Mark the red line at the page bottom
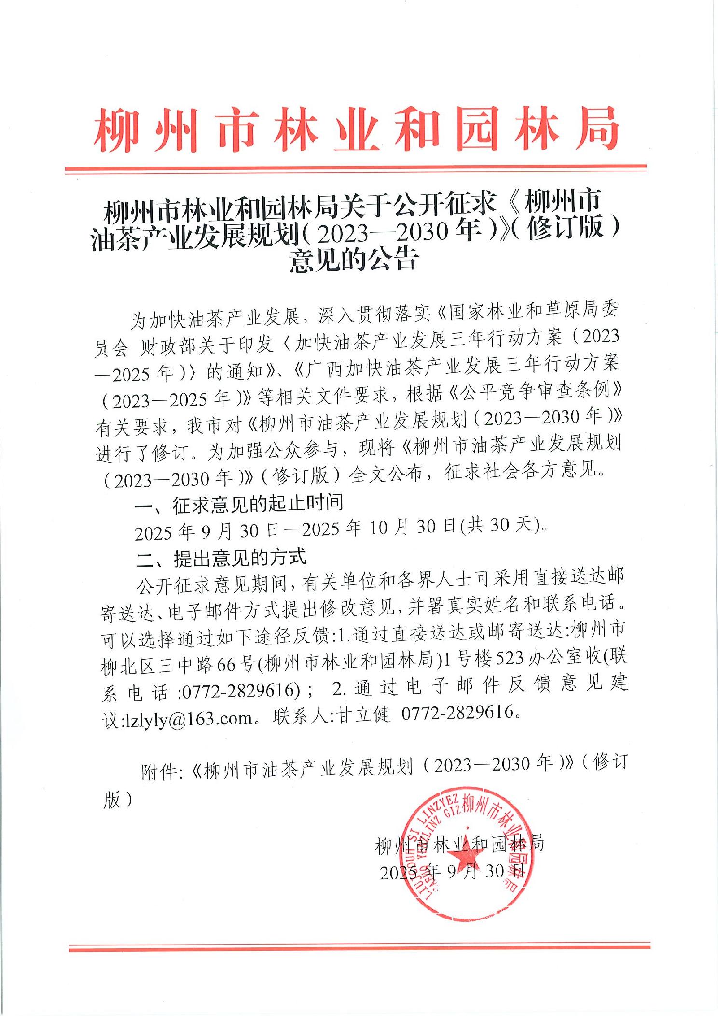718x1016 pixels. coord(359,949)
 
